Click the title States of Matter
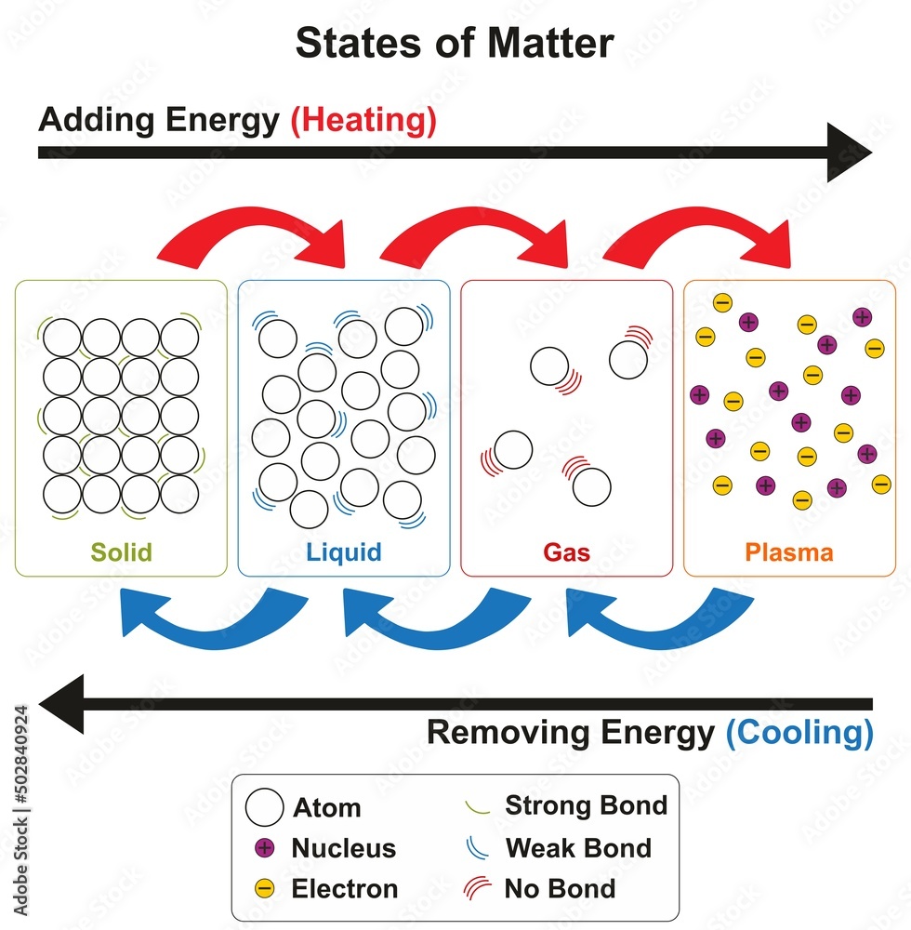click(455, 43)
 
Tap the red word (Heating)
click(363, 121)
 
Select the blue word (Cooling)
click(799, 733)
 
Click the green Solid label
click(121, 552)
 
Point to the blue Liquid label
click(343, 552)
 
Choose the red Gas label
click(566, 552)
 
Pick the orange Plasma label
click(789, 552)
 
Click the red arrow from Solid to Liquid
click(251, 232)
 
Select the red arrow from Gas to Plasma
click(697, 232)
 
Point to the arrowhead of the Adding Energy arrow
click(848, 152)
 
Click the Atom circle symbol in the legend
click(264, 807)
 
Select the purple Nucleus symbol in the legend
click(264, 848)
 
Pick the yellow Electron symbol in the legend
click(264, 889)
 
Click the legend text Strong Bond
click(586, 805)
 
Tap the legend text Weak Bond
click(577, 847)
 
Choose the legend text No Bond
click(560, 888)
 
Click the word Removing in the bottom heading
click(496, 733)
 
